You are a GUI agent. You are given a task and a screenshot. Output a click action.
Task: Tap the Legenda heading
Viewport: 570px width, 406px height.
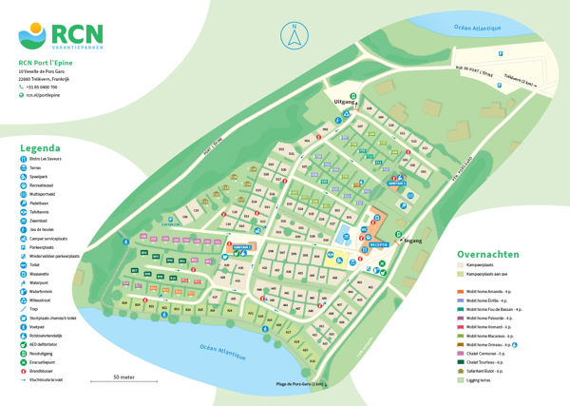tap(40, 148)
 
